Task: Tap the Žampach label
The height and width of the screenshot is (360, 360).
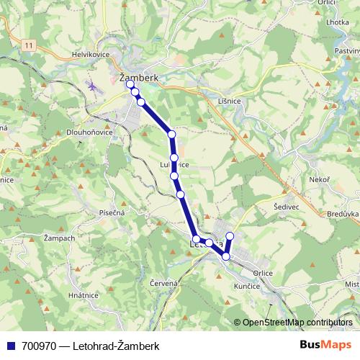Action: [x=60, y=238]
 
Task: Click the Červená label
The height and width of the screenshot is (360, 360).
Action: [x=164, y=283]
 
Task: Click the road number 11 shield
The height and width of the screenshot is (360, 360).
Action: [x=28, y=45]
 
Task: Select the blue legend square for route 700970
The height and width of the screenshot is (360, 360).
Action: [x=10, y=346]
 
